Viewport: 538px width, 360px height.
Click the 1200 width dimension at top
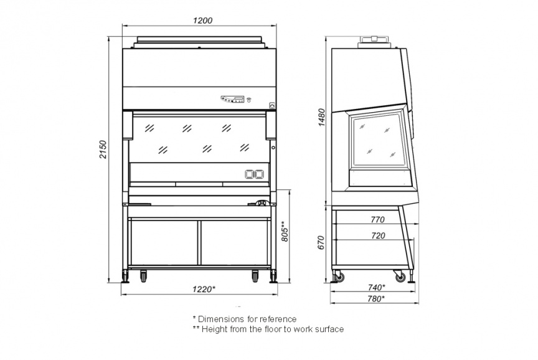(202, 21)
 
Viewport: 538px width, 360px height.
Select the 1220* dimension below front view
(204, 289)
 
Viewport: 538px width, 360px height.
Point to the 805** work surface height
(285, 231)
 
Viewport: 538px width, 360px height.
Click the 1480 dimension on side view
(321, 117)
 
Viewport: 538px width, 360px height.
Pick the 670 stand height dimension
(321, 243)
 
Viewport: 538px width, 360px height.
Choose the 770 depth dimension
(378, 220)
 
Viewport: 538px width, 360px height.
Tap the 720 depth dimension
(378, 236)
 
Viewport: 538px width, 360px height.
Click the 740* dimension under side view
(376, 287)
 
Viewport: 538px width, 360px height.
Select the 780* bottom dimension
(376, 299)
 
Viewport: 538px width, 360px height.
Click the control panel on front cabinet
(233, 99)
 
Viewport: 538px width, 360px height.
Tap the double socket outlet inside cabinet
(254, 174)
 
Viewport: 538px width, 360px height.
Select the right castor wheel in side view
(400, 277)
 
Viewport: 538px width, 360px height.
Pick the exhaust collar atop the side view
(374, 42)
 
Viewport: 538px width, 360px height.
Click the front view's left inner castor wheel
(143, 276)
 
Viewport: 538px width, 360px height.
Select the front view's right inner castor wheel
(255, 276)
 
